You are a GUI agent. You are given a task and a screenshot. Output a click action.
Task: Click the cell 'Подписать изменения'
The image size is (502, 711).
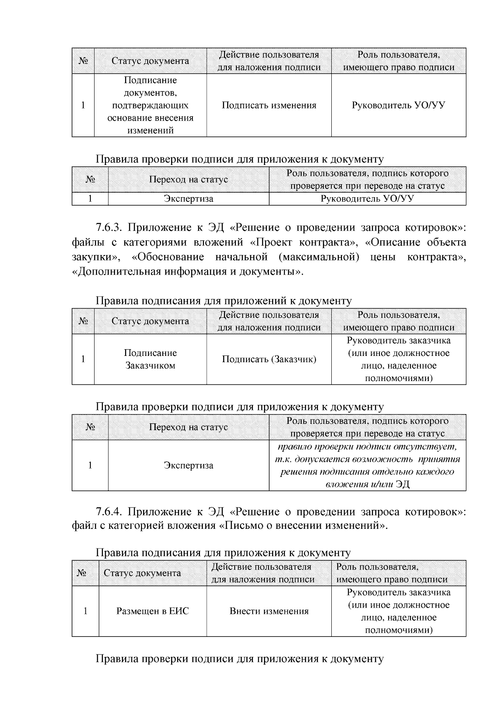tap(269, 105)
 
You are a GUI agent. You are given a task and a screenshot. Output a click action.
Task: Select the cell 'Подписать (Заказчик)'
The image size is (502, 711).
tap(269, 359)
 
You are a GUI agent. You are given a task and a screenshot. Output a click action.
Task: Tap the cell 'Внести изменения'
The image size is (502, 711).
tap(269, 611)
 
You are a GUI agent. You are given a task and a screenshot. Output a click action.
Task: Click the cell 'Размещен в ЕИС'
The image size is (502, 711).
tap(152, 611)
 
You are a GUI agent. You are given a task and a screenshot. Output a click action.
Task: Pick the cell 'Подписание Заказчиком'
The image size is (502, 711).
tap(150, 359)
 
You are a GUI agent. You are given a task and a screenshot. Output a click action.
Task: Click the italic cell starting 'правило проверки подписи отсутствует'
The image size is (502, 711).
tap(367, 465)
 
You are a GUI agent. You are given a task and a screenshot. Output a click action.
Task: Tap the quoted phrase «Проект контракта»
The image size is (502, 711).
tap(304, 242)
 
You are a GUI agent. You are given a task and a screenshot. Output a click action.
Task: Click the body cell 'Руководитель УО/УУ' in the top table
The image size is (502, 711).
tap(398, 105)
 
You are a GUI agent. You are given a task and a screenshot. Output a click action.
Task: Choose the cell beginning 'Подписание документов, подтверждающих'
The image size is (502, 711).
tap(150, 105)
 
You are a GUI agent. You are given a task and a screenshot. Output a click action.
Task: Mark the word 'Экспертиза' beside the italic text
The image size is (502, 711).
tap(188, 465)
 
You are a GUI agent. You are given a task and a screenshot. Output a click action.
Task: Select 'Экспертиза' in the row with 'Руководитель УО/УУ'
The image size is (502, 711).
tap(188, 199)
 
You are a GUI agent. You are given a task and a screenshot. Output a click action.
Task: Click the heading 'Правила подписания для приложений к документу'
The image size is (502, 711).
tap(223, 301)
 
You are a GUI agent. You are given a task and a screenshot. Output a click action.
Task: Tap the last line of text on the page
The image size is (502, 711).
tap(239, 659)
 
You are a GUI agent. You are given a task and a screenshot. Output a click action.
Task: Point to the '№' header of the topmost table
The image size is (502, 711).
tap(83, 61)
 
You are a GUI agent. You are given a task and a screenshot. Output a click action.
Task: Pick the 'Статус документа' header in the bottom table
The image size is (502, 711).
tap(142, 573)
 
